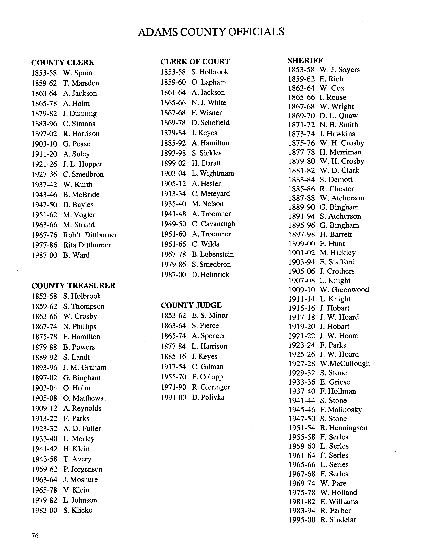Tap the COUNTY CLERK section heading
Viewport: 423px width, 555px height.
[63, 62]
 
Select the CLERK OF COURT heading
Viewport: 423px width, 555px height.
[195, 62]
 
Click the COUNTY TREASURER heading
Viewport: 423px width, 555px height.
[73, 286]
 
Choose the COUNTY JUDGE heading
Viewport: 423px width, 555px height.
[191, 305]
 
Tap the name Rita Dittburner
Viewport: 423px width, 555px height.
[87, 245]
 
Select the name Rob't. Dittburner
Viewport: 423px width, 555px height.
[90, 235]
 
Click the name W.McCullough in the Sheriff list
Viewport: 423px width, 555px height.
[345, 364]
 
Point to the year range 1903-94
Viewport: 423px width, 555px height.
[301, 262]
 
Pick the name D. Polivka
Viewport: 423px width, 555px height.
[208, 397]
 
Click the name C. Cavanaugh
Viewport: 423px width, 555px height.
[213, 224]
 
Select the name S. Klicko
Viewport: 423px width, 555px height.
[78, 510]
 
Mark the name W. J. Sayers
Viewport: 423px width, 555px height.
[339, 70]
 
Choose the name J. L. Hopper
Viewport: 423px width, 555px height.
[83, 164]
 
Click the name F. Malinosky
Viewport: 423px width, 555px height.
[341, 410]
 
